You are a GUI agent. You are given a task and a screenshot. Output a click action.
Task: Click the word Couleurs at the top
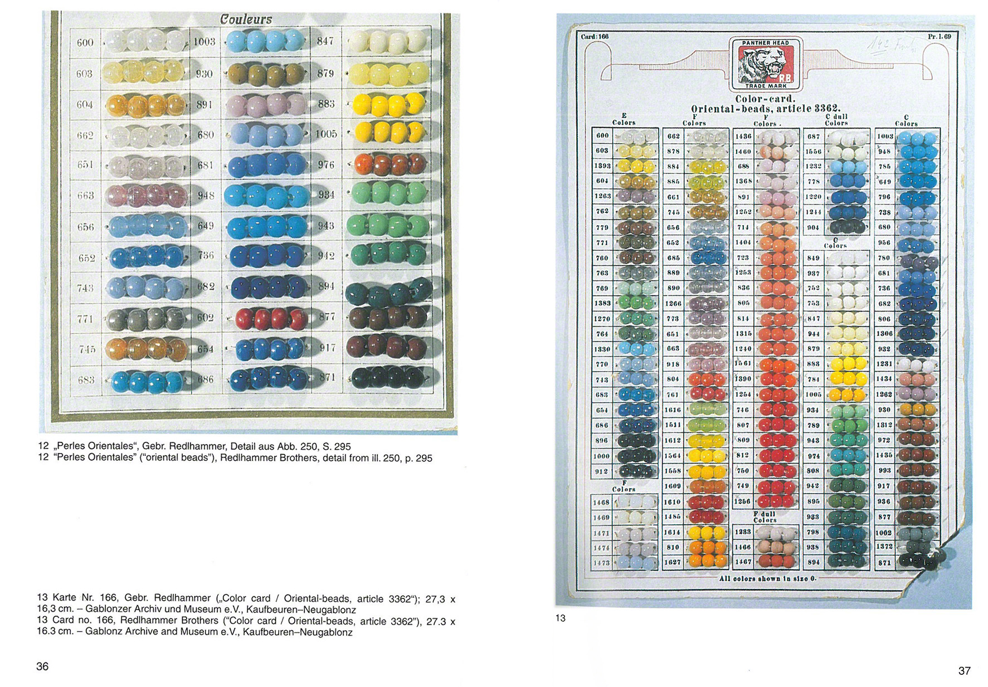point(246,20)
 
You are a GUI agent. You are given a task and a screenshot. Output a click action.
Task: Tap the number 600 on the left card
point(85,42)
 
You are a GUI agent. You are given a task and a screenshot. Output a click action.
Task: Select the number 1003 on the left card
point(205,42)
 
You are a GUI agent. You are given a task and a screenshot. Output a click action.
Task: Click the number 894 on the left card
point(326,286)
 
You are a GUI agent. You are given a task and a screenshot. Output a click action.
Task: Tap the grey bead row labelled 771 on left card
point(146,319)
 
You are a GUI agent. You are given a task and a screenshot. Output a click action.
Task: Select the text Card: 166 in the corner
point(595,37)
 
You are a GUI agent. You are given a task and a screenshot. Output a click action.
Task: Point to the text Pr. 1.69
point(939,37)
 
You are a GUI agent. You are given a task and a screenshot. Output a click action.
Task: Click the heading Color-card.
point(765,99)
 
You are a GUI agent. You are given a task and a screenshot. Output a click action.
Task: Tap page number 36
point(42,666)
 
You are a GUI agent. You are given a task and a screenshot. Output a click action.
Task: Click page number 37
point(964,671)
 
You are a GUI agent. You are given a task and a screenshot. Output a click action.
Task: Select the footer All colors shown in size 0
point(767,579)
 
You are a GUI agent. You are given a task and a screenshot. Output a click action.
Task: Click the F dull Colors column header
point(765,517)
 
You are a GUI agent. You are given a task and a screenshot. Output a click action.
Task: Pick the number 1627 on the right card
point(673,563)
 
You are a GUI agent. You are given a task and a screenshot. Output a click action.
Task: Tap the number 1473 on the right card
point(601,563)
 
